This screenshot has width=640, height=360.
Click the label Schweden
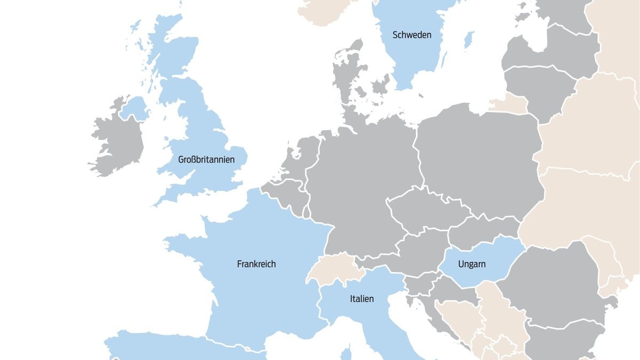(x=412, y=35)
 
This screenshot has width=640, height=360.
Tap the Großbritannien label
(x=206, y=159)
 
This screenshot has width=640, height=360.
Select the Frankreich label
(x=256, y=264)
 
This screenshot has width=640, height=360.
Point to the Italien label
(x=362, y=299)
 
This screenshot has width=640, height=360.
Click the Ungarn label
(x=471, y=264)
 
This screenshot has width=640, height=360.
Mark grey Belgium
(x=285, y=195)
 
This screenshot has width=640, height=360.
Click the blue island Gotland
(x=469, y=39)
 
